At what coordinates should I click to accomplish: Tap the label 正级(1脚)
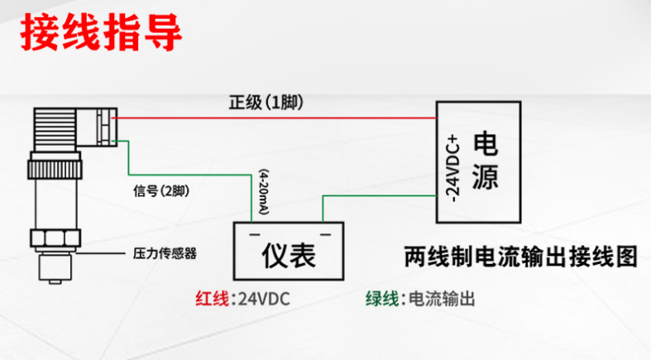click(266, 103)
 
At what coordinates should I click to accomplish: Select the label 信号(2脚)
click(160, 191)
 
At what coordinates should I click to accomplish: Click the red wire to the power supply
click(273, 118)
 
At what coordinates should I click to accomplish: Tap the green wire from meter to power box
click(372, 196)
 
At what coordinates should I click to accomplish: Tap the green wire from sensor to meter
click(190, 174)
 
